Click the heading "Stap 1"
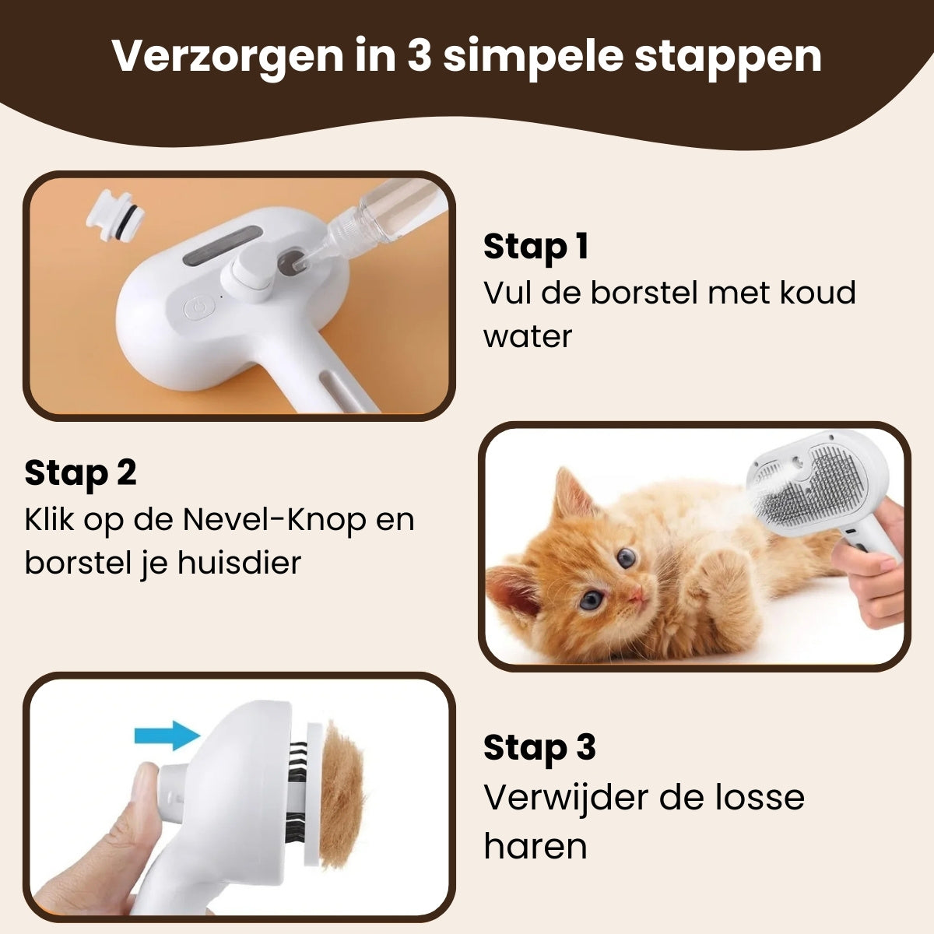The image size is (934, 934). (x=535, y=247)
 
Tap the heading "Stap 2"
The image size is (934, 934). (x=80, y=472)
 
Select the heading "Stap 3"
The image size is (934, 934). (x=539, y=748)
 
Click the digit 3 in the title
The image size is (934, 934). (x=418, y=56)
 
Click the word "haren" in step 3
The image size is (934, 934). (x=535, y=846)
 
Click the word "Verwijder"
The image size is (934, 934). (x=564, y=798)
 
